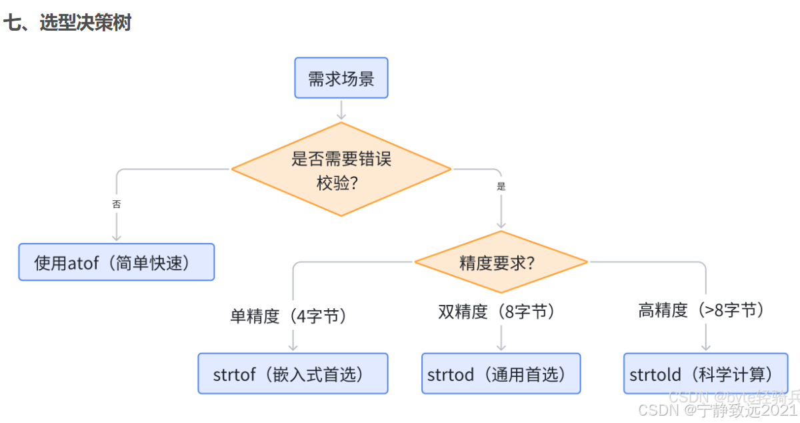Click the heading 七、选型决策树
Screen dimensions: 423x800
coord(67,23)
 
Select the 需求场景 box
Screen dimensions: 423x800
coord(341,78)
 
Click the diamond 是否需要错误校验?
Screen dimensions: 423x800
coord(341,169)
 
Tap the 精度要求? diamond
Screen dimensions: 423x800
coord(501,262)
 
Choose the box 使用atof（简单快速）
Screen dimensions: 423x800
coord(116,262)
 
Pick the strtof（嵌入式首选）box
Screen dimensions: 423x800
coord(293,374)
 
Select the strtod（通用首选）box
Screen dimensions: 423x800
coord(501,374)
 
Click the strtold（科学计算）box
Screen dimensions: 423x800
coord(705,374)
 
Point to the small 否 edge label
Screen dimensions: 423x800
coord(117,204)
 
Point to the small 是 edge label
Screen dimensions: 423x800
coord(501,187)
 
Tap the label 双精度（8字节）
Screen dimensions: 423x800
coord(497,312)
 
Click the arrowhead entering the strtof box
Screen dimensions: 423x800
coord(293,347)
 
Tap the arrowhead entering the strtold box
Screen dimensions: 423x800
coord(705,347)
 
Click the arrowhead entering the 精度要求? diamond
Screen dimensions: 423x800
coord(501,225)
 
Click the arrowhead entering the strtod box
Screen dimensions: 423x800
coord(501,347)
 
